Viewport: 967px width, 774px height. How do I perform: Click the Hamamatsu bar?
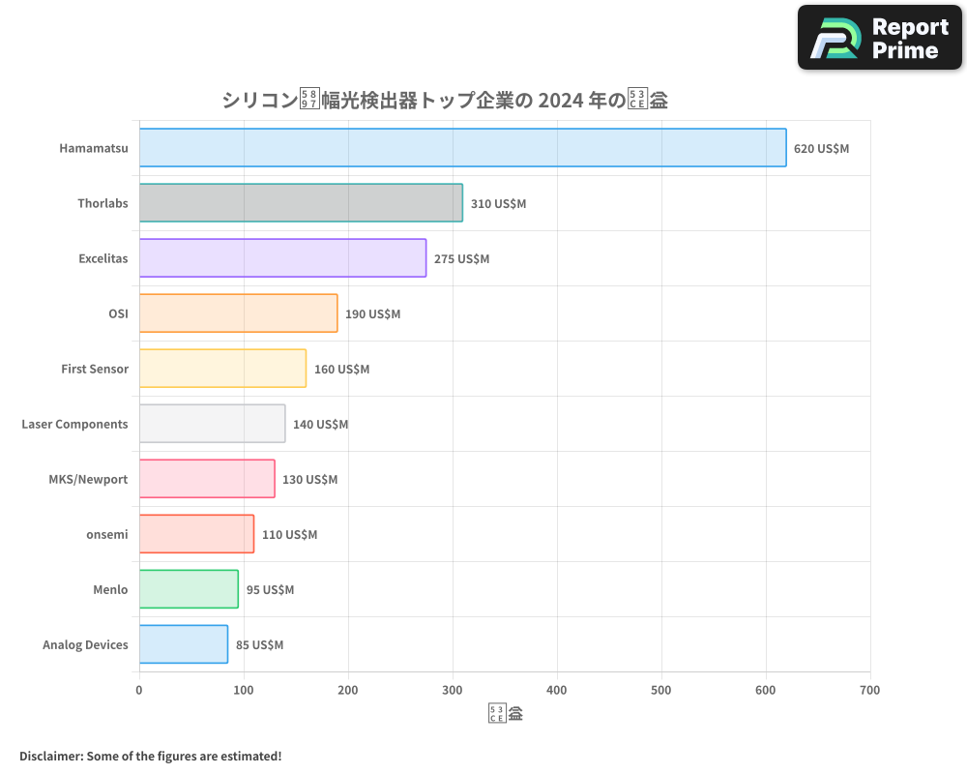coord(462,148)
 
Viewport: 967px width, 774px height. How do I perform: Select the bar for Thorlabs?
coord(301,203)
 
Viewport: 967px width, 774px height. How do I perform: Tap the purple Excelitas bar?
coord(282,258)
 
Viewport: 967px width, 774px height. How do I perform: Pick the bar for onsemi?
coord(196,534)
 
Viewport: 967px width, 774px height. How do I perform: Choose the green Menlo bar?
coord(189,589)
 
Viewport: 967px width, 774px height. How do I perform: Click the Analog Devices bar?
coord(184,644)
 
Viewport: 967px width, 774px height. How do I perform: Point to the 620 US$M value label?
coord(821,149)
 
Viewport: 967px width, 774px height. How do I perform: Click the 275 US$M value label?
coord(461,259)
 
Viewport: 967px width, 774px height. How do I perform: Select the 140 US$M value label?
coord(320,425)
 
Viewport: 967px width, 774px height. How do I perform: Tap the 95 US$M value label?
coord(270,590)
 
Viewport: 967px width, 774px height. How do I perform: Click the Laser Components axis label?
coord(74,425)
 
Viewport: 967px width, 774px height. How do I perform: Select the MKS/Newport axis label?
coord(88,480)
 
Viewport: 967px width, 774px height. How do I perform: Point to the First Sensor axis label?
coord(95,370)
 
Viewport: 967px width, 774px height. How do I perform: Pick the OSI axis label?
coord(118,314)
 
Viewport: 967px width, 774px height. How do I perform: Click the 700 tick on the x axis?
coord(869,691)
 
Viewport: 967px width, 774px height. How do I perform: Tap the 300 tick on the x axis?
coord(453,691)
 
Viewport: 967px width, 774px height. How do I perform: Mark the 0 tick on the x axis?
coord(139,691)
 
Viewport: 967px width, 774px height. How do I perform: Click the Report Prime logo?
coord(879,38)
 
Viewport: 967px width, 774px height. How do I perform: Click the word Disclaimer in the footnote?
coord(49,757)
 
